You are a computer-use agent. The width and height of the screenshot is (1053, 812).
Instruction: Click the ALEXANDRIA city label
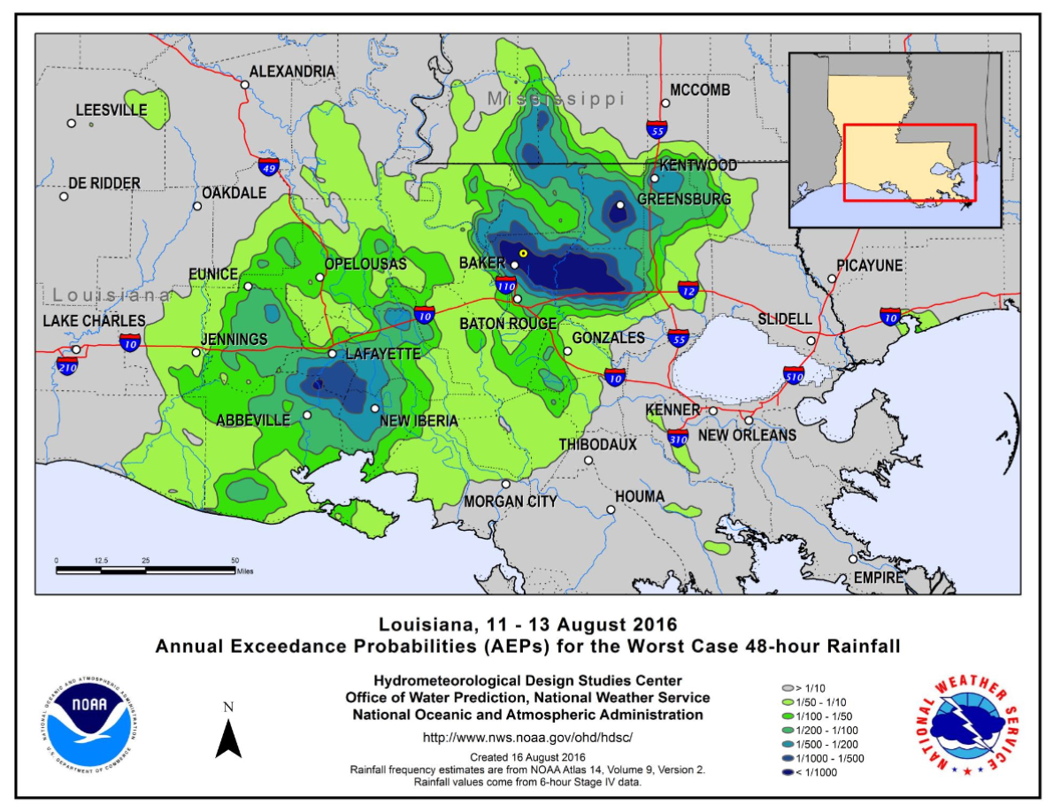(291, 72)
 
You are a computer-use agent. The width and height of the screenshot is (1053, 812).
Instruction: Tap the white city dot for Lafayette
(332, 354)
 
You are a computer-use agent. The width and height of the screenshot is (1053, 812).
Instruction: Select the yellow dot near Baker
(523, 254)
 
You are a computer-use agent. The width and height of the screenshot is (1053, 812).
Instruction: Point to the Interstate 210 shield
(67, 364)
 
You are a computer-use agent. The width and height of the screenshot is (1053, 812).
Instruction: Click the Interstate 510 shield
(794, 377)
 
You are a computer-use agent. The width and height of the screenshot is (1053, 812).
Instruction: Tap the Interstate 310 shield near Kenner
(678, 436)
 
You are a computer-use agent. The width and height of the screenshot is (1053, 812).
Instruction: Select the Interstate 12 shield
(688, 290)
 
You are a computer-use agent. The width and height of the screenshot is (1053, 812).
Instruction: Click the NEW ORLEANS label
(747, 435)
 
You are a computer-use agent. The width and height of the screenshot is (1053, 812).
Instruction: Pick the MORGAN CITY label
(511, 502)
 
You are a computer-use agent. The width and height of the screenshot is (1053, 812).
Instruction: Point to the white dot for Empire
(853, 559)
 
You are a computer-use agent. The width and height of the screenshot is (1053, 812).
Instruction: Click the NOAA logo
(90, 717)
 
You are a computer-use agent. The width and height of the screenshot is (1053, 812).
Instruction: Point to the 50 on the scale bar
(235, 561)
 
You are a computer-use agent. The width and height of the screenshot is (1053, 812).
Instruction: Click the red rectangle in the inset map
(909, 163)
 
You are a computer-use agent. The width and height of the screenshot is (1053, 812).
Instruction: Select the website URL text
(527, 737)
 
